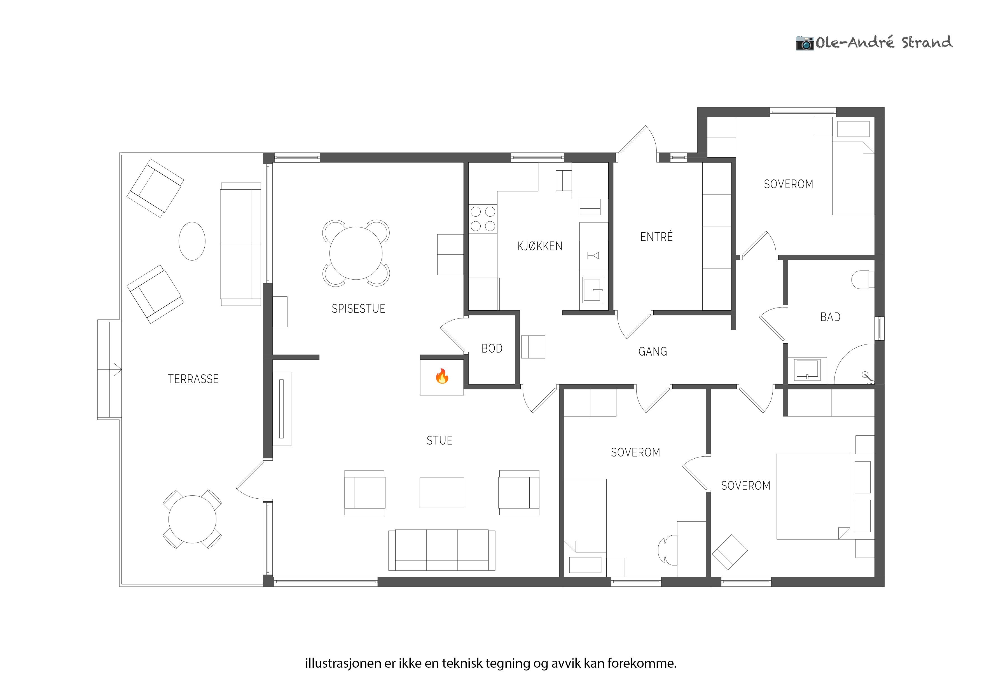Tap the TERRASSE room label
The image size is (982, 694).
(193, 379)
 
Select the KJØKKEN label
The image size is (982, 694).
(540, 246)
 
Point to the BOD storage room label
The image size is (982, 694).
(492, 348)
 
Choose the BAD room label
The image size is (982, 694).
(830, 317)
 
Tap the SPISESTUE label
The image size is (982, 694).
(358, 309)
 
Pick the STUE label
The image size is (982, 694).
(439, 440)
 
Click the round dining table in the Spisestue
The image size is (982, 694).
(356, 253)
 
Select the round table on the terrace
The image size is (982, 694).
(193, 519)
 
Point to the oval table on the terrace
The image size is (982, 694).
(192, 241)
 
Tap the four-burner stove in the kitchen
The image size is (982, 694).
(483, 219)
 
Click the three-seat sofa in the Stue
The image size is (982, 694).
(442, 550)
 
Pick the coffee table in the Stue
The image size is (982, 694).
(442, 493)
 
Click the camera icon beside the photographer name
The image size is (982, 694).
(805, 43)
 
